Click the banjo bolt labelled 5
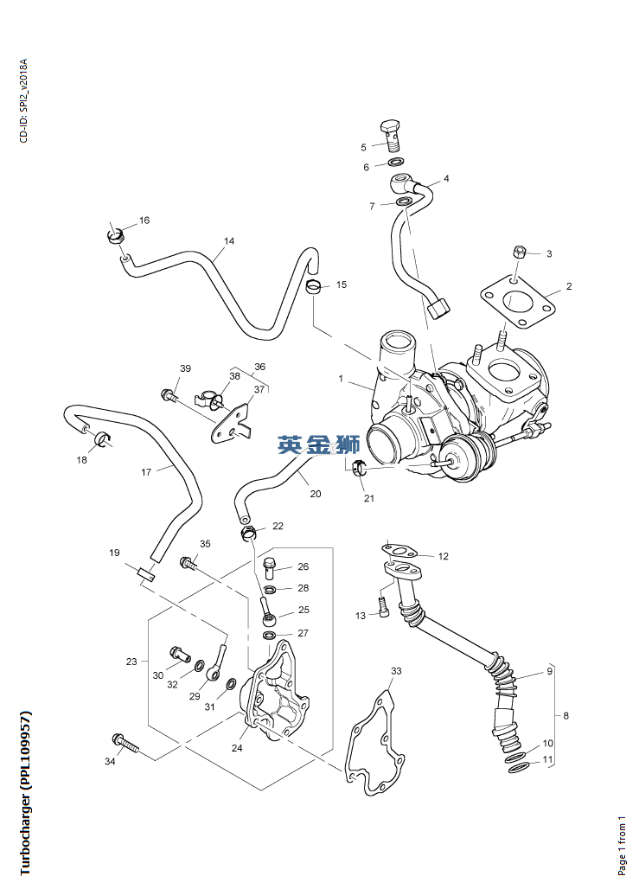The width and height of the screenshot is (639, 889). coord(392,134)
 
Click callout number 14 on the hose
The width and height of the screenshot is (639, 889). coord(228,242)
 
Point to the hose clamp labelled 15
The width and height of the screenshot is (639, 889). coord(316,286)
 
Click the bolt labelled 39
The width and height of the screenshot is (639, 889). coord(169,395)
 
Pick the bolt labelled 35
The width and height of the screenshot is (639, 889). coord(188,563)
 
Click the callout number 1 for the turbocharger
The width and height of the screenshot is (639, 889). coord(341,379)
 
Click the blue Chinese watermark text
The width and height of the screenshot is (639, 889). coord(318,445)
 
